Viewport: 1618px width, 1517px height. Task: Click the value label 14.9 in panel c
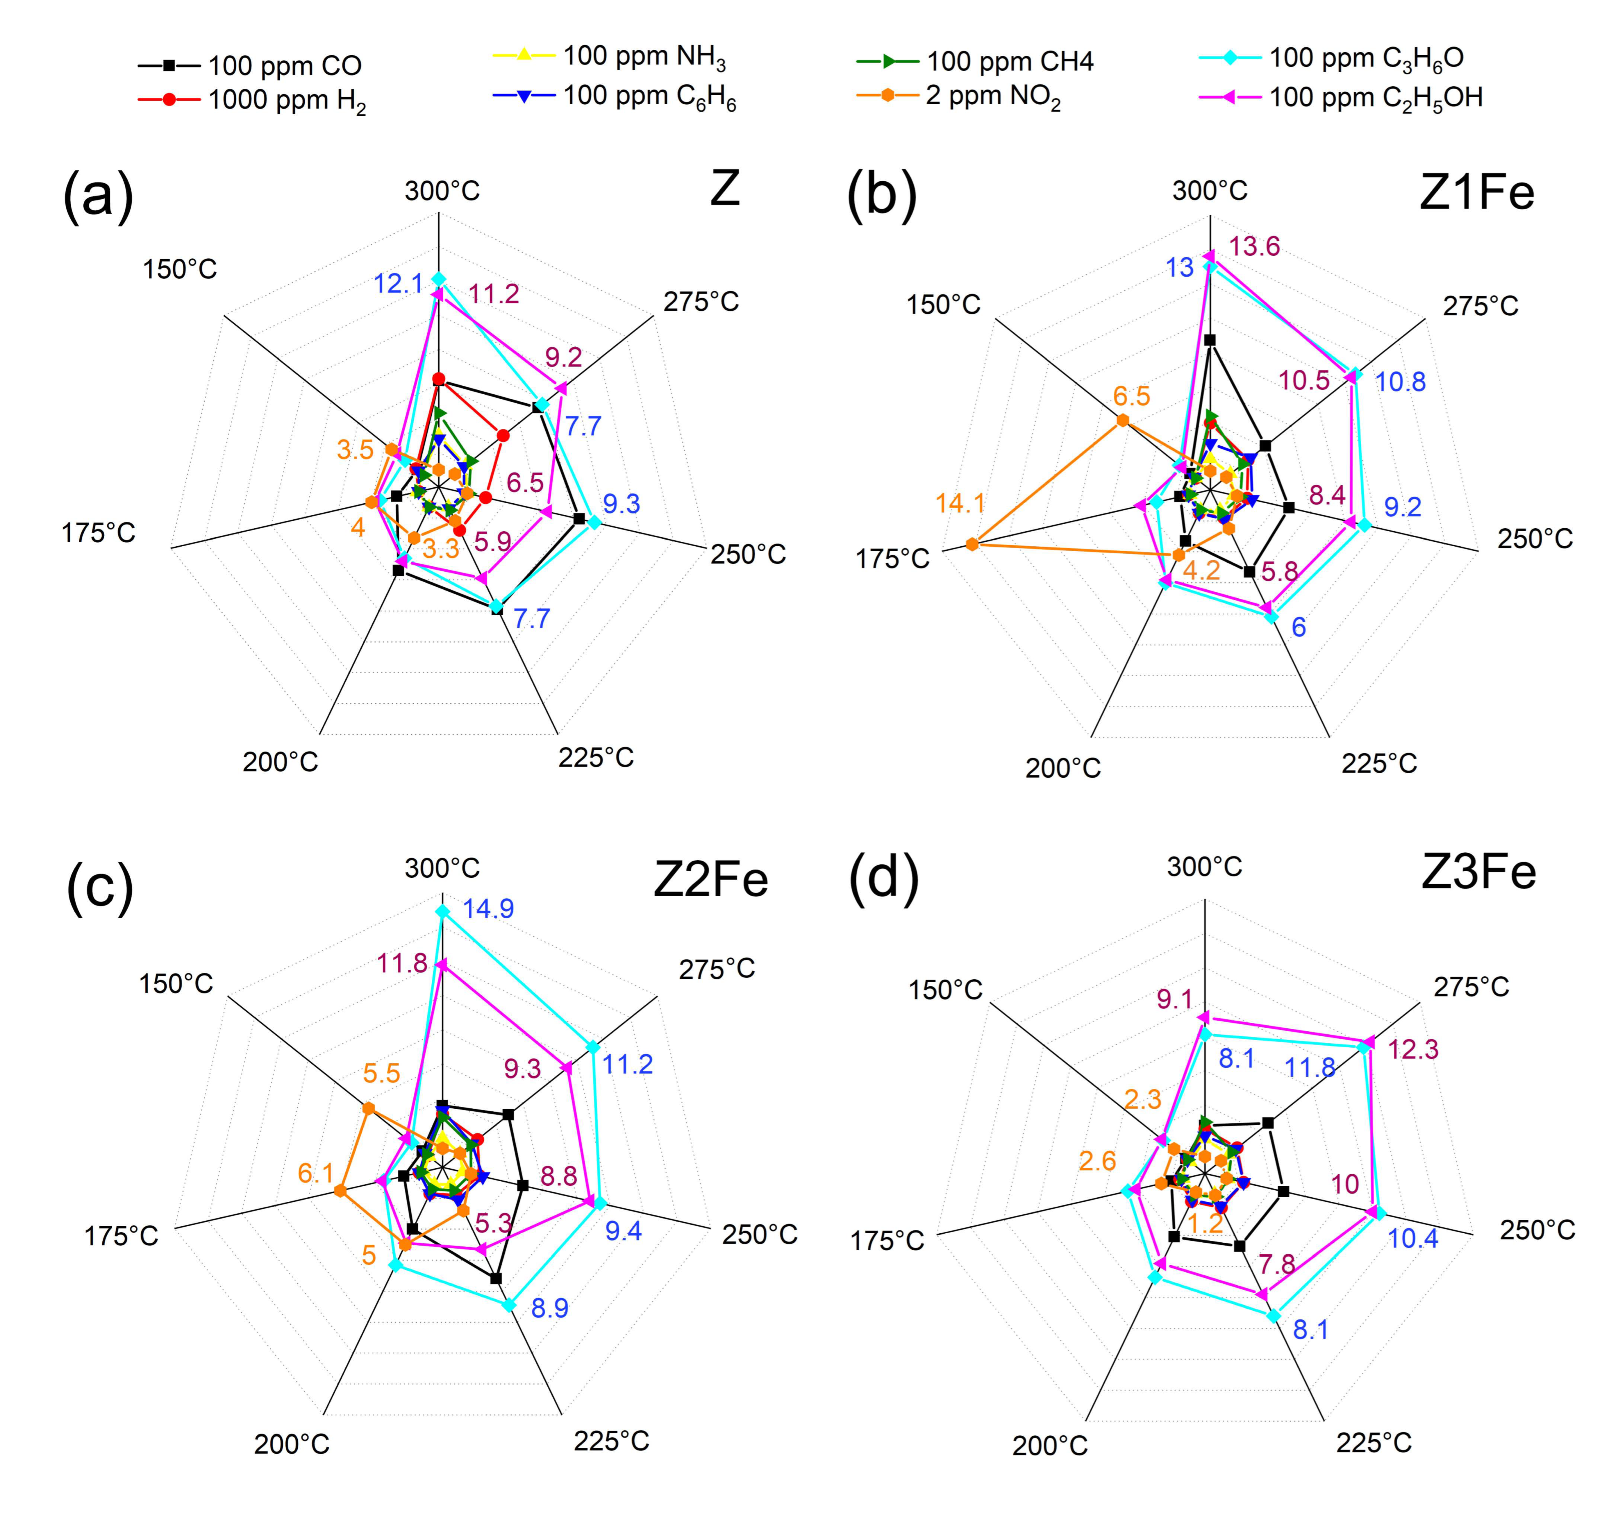pos(488,908)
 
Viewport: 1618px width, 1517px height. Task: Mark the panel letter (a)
pos(98,195)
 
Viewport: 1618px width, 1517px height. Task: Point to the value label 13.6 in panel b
pos(1254,246)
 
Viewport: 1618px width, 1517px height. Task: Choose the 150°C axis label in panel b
pos(944,304)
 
